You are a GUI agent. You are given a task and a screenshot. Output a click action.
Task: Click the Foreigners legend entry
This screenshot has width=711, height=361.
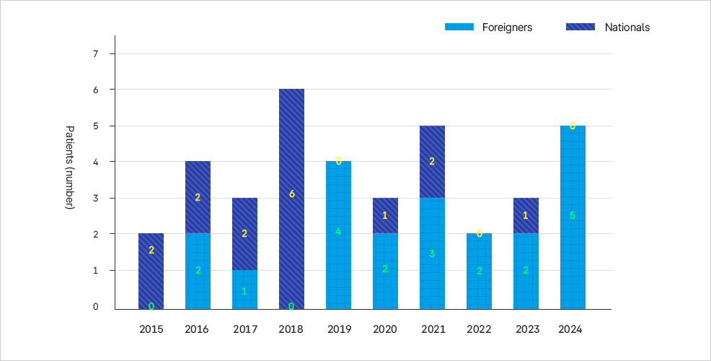pyautogui.click(x=489, y=27)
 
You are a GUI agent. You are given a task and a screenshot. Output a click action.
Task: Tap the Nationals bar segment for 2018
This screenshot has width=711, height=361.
pyautogui.click(x=291, y=199)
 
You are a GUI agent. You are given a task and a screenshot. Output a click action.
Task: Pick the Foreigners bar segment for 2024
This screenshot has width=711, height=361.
pyautogui.click(x=573, y=217)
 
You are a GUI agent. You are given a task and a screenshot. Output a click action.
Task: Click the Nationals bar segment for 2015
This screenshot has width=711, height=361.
pyautogui.click(x=151, y=271)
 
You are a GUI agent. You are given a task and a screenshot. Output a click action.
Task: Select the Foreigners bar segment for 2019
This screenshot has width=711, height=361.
pyautogui.click(x=338, y=235)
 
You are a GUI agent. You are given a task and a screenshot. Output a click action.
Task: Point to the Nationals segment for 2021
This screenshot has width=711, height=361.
pyautogui.click(x=432, y=162)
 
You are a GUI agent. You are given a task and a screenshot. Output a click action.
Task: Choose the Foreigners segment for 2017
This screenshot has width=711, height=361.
pyautogui.click(x=244, y=289)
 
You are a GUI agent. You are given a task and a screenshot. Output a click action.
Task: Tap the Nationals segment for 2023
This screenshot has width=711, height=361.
pyautogui.click(x=526, y=216)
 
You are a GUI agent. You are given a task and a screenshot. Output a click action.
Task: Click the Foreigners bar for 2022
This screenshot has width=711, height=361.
pyautogui.click(x=479, y=271)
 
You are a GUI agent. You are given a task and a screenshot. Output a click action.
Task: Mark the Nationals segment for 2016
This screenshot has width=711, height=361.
pyautogui.click(x=198, y=197)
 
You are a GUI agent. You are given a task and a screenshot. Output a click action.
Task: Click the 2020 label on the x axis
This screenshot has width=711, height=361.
pyautogui.click(x=385, y=329)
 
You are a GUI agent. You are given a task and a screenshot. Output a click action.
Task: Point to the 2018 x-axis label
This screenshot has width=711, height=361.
pyautogui.click(x=291, y=329)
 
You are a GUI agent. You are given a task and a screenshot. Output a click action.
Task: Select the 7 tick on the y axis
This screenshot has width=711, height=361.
pyautogui.click(x=94, y=53)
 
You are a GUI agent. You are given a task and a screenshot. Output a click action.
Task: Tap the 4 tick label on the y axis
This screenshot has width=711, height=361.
pyautogui.click(x=94, y=162)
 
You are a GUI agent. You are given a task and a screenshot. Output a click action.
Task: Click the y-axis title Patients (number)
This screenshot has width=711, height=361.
pyautogui.click(x=70, y=168)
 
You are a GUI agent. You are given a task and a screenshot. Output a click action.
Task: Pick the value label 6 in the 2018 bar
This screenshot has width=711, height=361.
pyautogui.click(x=291, y=194)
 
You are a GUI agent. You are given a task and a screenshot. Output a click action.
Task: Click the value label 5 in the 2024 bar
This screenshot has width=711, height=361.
pyautogui.click(x=573, y=215)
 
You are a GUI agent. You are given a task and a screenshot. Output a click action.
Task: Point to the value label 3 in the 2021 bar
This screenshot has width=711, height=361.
pyautogui.click(x=432, y=253)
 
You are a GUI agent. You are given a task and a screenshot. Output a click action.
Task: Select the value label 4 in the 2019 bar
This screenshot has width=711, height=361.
pyautogui.click(x=338, y=232)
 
